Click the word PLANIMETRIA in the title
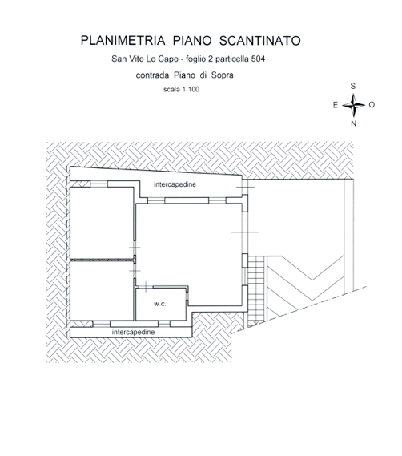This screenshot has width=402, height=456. tap(123, 41)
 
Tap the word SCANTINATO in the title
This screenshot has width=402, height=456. tap(260, 41)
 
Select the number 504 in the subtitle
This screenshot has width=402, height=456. tap(258, 59)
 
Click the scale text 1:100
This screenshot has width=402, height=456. tap(191, 89)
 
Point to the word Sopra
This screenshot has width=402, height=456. tap(223, 75)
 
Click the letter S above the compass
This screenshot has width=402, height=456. tap(353, 86)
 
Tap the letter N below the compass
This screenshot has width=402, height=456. tap(353, 123)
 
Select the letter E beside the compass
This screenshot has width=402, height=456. tap(336, 105)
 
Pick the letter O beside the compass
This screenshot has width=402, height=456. tap(372, 105)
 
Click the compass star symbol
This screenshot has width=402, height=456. tap(353, 105)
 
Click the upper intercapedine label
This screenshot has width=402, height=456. tap(175, 184)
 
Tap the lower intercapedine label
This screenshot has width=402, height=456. tap(134, 332)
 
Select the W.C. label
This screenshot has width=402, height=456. tap(160, 305)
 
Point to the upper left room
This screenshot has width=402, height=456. tap(102, 223)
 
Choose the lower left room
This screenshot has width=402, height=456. tap(102, 291)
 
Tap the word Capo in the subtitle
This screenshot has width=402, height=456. tap(168, 59)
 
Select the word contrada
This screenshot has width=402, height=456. tap(153, 75)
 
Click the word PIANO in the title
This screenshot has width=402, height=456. tap(192, 41)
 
